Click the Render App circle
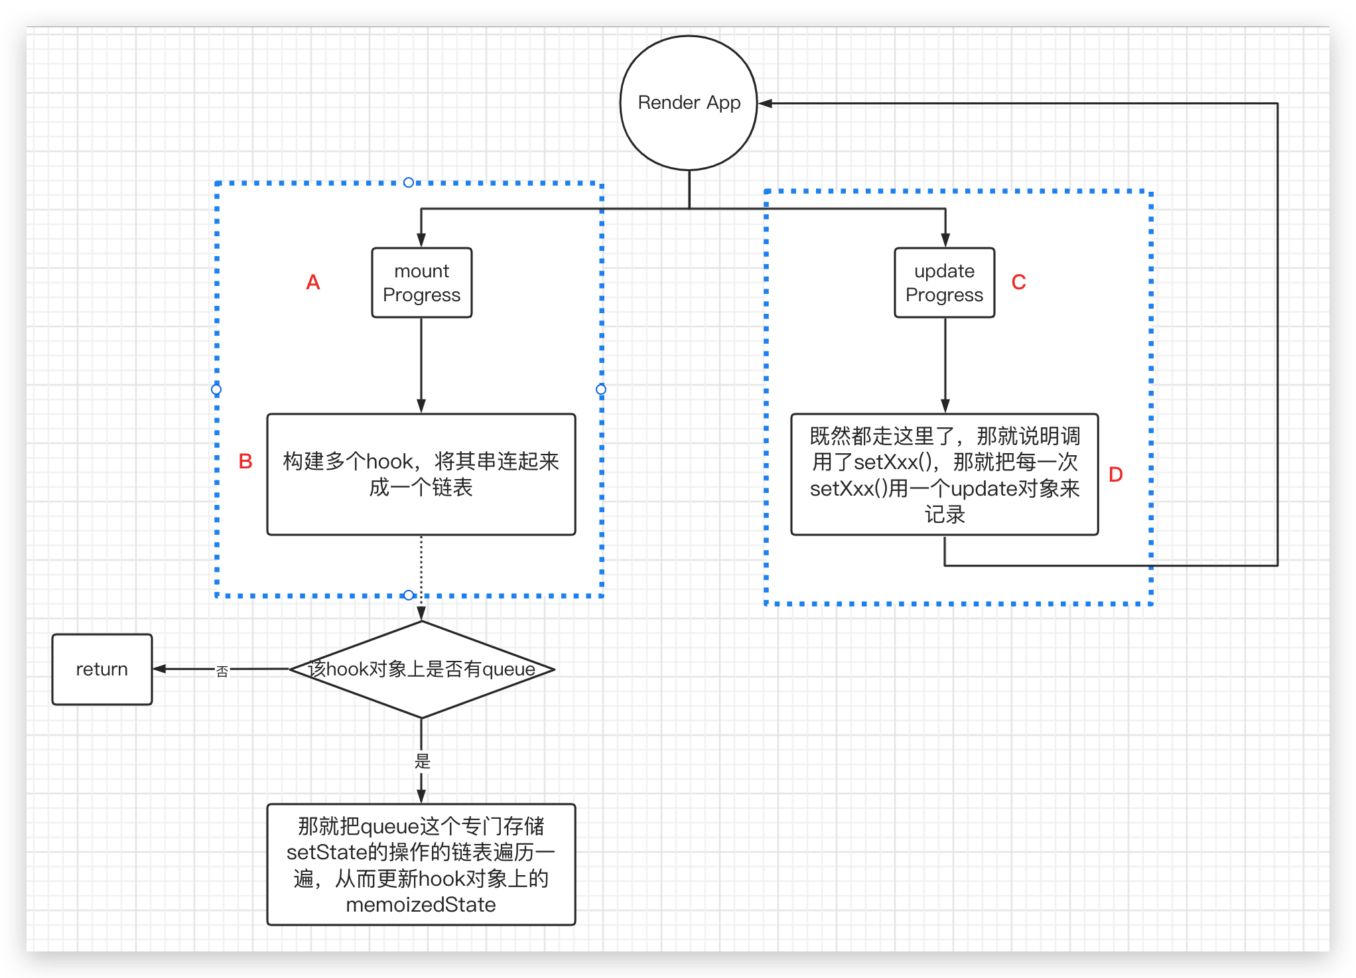click(x=689, y=103)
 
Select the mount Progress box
click(x=421, y=283)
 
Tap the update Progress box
click(x=944, y=283)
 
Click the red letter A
click(x=313, y=283)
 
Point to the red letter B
click(x=245, y=462)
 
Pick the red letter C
click(x=1018, y=283)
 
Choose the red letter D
click(x=1115, y=475)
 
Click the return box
click(x=102, y=669)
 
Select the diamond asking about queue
click(x=421, y=669)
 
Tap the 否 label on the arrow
click(x=222, y=671)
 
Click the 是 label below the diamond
click(x=423, y=761)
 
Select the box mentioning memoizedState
click(x=421, y=864)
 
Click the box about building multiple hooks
click(x=421, y=474)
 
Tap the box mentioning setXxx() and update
click(x=944, y=474)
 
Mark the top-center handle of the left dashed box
click(x=409, y=182)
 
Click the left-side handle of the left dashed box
click(x=216, y=389)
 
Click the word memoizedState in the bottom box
click(x=421, y=905)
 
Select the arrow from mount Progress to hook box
click(x=421, y=365)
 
